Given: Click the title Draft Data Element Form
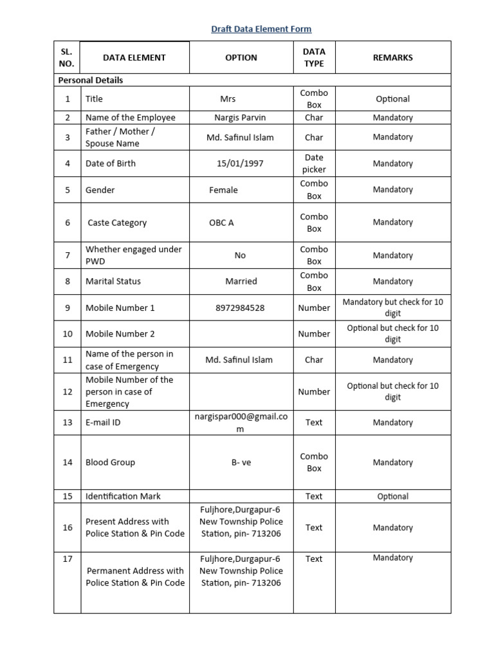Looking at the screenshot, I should (261, 29).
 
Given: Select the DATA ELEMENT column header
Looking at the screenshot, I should (134, 57).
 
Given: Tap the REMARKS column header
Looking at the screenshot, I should (392, 57).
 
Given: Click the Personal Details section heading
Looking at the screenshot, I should (91, 80).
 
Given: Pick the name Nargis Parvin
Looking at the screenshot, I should (240, 118).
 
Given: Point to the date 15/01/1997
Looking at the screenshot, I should (240, 163).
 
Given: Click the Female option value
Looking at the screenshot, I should (223, 190).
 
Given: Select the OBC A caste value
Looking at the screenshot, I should (221, 223).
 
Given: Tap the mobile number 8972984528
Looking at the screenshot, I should (240, 308).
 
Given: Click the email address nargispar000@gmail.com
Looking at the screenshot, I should (241, 422).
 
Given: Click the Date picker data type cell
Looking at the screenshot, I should (314, 163).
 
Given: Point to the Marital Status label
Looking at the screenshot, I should (113, 281).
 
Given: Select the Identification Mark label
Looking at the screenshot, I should (123, 496).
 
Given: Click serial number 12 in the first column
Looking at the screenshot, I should (68, 391).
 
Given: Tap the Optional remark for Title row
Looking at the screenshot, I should (392, 99).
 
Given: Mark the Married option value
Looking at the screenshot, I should (241, 281).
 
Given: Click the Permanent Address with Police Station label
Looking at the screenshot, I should (135, 577).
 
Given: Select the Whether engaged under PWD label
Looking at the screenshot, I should (133, 255).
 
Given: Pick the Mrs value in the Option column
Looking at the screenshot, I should (228, 99).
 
